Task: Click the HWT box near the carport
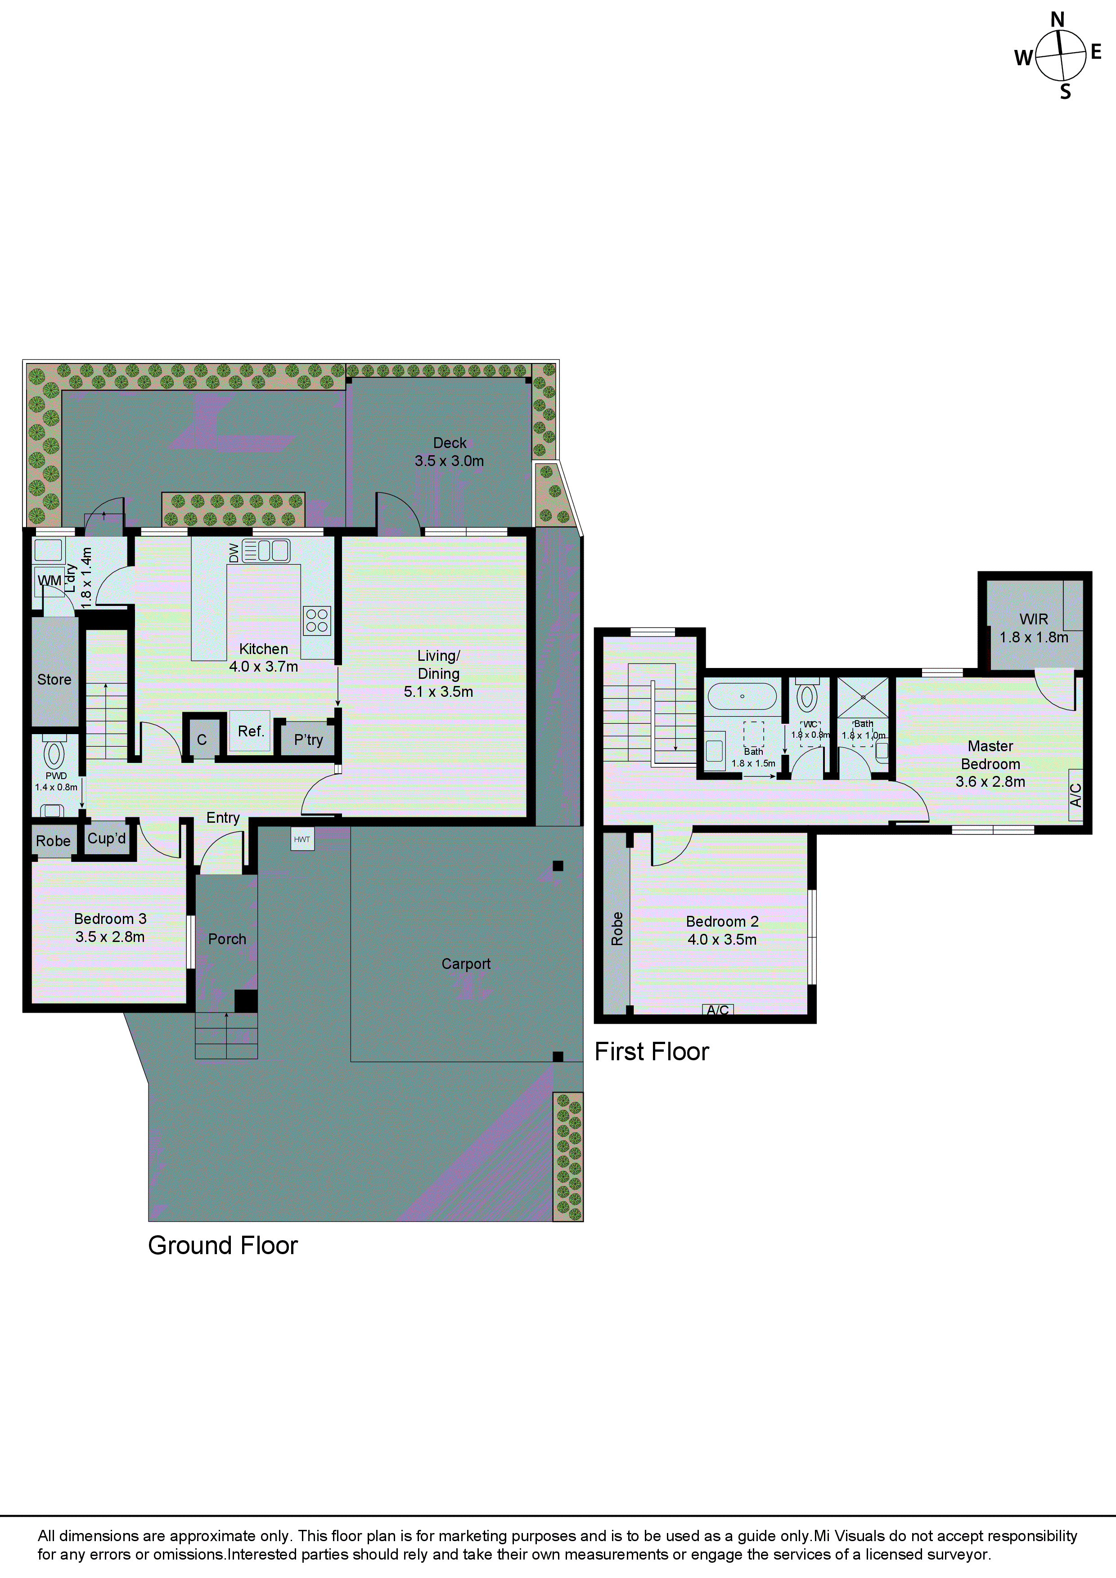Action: [x=302, y=839]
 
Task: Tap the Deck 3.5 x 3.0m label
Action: [x=449, y=452]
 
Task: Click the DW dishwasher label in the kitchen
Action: [x=234, y=552]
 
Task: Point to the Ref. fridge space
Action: [x=250, y=731]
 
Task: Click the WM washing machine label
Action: [x=49, y=581]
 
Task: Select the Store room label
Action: [x=54, y=680]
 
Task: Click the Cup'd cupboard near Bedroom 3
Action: [x=107, y=838]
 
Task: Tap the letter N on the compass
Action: [x=1057, y=20]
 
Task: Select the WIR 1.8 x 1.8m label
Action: [x=1034, y=628]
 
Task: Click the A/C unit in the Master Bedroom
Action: [x=1076, y=795]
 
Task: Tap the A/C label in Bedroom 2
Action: [x=718, y=1009]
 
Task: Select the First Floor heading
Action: [x=651, y=1052]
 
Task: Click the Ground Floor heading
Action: [x=223, y=1246]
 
